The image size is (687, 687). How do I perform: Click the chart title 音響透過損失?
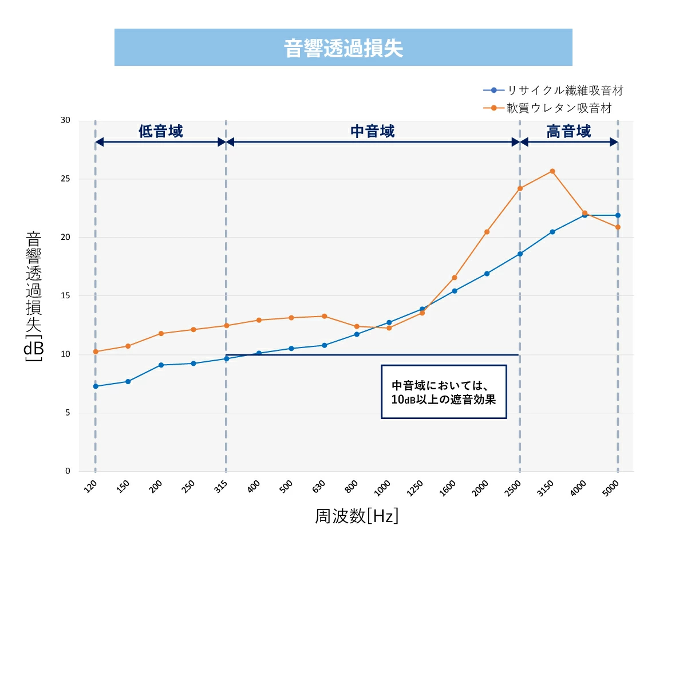[343, 48]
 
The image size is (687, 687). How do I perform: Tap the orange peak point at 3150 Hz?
[552, 171]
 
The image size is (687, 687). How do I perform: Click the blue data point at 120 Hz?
[96, 386]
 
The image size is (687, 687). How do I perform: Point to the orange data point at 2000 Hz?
[487, 232]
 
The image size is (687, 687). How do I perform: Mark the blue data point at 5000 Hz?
[618, 215]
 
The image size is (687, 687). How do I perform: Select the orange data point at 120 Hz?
[96, 352]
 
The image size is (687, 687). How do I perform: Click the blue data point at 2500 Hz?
[520, 254]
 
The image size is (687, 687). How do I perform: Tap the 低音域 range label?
[161, 132]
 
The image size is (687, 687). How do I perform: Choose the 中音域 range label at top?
[373, 132]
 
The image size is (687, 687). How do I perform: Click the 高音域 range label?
[568, 132]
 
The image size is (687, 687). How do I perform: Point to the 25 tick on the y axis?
[65, 179]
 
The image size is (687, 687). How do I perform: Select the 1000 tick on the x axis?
[382, 488]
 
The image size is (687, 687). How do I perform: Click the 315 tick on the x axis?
[221, 487]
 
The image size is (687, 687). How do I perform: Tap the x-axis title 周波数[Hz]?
[356, 516]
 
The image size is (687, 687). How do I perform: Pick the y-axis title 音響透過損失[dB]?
[34, 296]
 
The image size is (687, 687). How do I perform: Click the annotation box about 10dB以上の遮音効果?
[444, 392]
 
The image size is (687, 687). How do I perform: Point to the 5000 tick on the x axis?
[611, 488]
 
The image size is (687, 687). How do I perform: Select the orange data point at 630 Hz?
[324, 316]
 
